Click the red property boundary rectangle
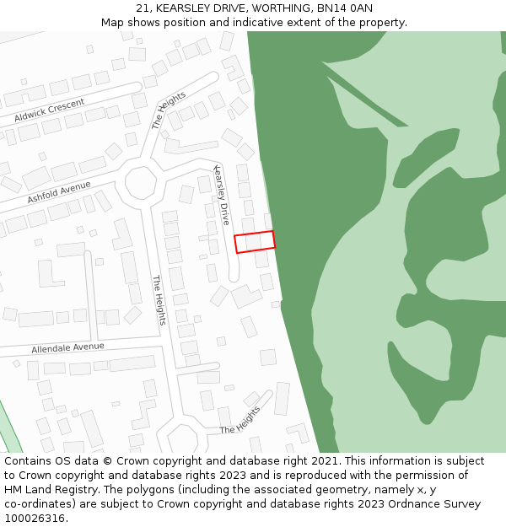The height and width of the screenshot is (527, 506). click(x=255, y=242)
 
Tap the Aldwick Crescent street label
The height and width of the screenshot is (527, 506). click(x=50, y=110)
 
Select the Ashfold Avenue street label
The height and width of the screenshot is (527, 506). click(x=58, y=192)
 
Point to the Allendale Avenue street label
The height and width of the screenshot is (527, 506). click(x=67, y=347)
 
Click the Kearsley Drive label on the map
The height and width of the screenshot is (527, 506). click(x=222, y=195)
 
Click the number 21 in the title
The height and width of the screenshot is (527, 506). click(x=142, y=8)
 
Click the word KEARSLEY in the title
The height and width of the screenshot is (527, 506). click(x=183, y=8)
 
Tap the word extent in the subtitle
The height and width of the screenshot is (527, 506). click(x=322, y=22)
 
